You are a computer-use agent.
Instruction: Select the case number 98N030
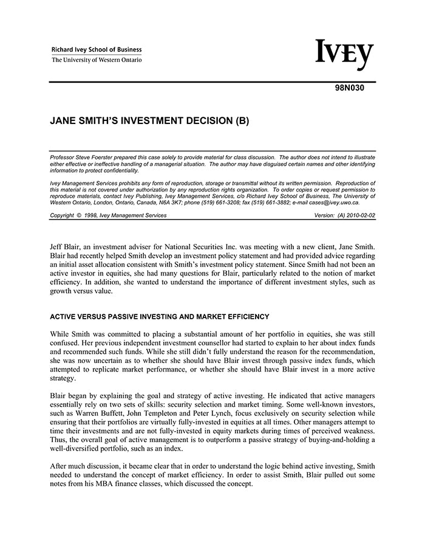coord(350,88)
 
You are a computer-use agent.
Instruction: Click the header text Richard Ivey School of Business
coord(97,50)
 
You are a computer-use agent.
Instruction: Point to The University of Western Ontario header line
coord(97,60)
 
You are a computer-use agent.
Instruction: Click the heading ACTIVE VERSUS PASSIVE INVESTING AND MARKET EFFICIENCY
coord(160,316)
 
